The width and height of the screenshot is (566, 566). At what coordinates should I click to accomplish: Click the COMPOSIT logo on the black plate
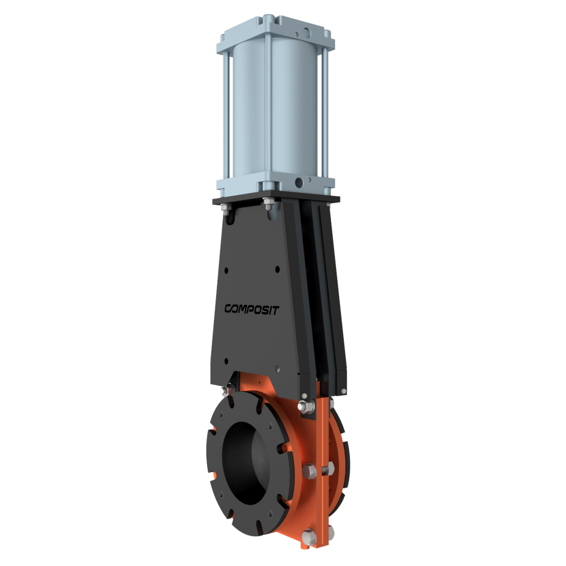251,310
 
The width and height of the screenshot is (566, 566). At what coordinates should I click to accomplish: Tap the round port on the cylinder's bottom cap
299,182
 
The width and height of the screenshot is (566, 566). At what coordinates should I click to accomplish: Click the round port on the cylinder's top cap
307,33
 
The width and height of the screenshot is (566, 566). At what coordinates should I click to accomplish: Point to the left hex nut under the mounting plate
227,208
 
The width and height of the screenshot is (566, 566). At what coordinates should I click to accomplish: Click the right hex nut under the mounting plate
268,205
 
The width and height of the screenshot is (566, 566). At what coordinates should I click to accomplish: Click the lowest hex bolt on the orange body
310,537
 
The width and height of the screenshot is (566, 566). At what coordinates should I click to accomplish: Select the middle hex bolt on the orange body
310,471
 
